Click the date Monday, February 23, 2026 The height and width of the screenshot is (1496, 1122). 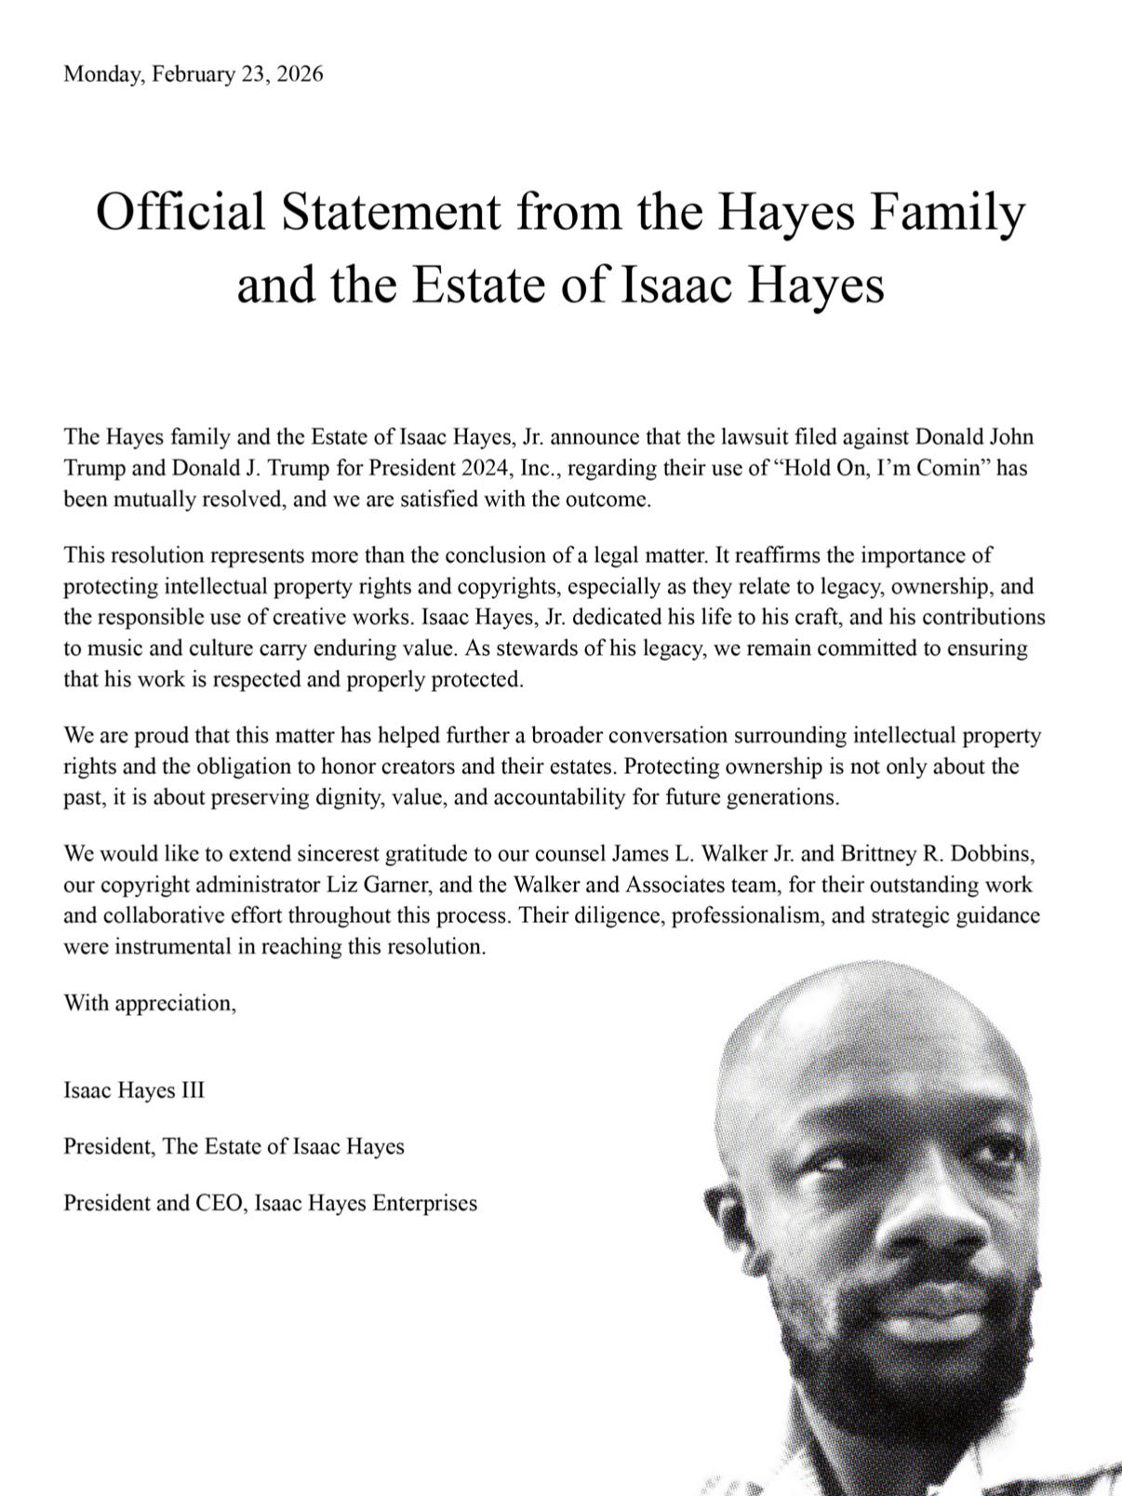pyautogui.click(x=193, y=74)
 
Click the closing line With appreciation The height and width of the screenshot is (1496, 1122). pyautogui.click(x=150, y=1003)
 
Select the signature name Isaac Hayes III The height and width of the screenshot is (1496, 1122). pyautogui.click(x=134, y=1089)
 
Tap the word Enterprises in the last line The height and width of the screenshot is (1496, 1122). pyautogui.click(x=424, y=1203)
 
